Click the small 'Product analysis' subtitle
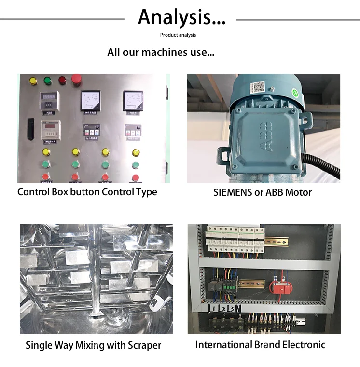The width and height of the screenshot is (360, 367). [x=178, y=35]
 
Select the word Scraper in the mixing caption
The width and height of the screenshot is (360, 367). [x=144, y=345]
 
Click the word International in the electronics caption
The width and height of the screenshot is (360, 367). [x=223, y=345]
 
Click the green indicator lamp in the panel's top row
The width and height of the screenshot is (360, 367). [x=48, y=81]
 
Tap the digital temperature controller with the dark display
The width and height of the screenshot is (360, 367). [x=50, y=100]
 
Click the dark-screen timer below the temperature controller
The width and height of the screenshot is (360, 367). [x=50, y=129]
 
